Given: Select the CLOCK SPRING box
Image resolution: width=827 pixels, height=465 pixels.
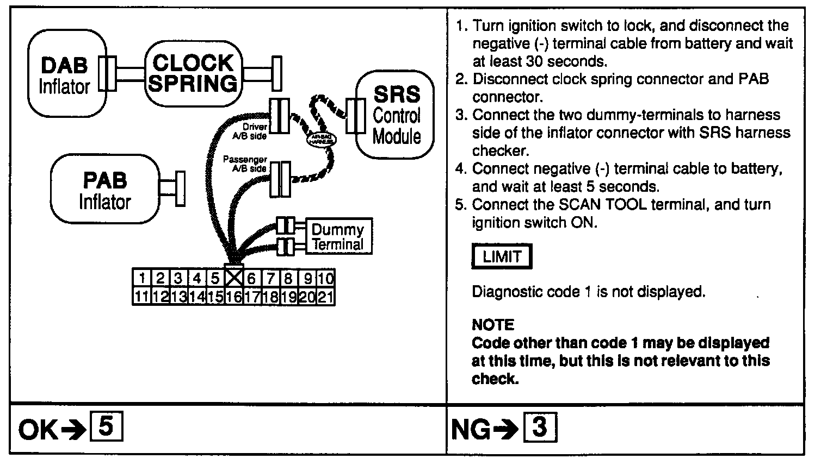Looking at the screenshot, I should (194, 74).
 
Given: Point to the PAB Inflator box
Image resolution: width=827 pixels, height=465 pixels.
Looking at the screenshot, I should (104, 189).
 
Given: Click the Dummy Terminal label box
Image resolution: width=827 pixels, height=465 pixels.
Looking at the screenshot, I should (338, 237).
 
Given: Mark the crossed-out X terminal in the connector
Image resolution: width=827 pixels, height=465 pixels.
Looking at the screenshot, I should (233, 278).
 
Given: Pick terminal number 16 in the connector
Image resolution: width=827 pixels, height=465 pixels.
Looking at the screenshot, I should (233, 297).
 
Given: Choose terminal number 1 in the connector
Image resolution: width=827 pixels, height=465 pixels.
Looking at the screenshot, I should (141, 278).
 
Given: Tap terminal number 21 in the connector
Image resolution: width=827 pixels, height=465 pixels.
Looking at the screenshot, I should (325, 297).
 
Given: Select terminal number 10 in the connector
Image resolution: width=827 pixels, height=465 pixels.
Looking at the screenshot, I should (325, 278).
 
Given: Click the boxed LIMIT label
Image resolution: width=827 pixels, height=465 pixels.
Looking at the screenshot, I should (501, 256).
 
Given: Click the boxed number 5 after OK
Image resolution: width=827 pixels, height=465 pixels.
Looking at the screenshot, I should (107, 427).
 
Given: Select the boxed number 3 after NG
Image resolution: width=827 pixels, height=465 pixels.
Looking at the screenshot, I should (540, 427).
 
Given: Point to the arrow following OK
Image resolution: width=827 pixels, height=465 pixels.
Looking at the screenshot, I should (71, 430).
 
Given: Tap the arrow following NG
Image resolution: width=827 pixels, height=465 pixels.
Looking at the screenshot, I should (504, 430).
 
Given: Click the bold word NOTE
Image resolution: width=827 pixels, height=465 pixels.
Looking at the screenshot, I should (492, 325).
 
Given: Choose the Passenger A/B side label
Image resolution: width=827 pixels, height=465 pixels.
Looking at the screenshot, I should (245, 164).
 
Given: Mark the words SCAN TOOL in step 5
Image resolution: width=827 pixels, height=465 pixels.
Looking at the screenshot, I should (591, 205).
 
